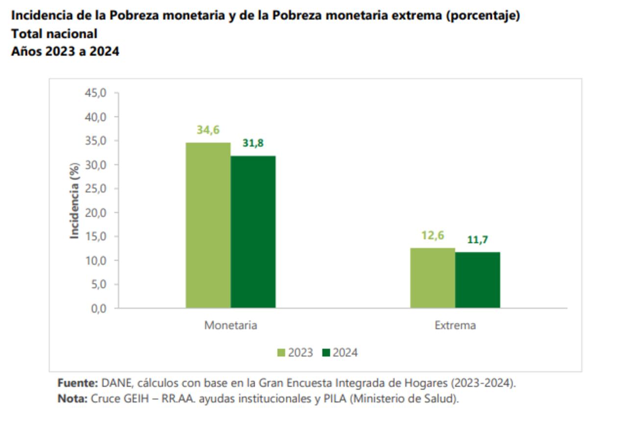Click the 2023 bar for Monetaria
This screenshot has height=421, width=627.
pyautogui.click(x=208, y=225)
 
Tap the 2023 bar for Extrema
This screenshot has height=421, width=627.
pyautogui.click(x=433, y=278)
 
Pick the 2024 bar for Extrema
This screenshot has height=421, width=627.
pyautogui.click(x=478, y=280)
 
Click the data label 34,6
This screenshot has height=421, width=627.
pyautogui.click(x=208, y=130)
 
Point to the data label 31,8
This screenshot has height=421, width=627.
pyautogui.click(x=253, y=143)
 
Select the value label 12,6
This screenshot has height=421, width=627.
pyautogui.click(x=433, y=235)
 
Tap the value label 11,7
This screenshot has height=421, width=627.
pyautogui.click(x=478, y=240)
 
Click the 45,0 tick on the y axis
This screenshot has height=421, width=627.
pyautogui.click(x=96, y=93)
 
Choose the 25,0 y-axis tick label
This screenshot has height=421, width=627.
pyautogui.click(x=96, y=189)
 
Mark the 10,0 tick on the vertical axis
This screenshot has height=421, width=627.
pyautogui.click(x=96, y=260)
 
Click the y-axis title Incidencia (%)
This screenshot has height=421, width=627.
pyautogui.click(x=74, y=201)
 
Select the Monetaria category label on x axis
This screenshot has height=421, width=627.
pyautogui.click(x=231, y=325)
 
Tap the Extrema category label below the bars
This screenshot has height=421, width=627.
pyautogui.click(x=455, y=325)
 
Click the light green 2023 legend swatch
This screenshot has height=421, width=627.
pyautogui.click(x=282, y=353)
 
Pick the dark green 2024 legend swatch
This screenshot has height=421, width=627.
pyautogui.click(x=327, y=353)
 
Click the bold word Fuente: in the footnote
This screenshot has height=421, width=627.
pyautogui.click(x=78, y=383)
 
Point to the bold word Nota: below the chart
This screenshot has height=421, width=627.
pyautogui.click(x=72, y=398)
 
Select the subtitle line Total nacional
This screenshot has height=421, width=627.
pyautogui.click(x=54, y=34)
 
